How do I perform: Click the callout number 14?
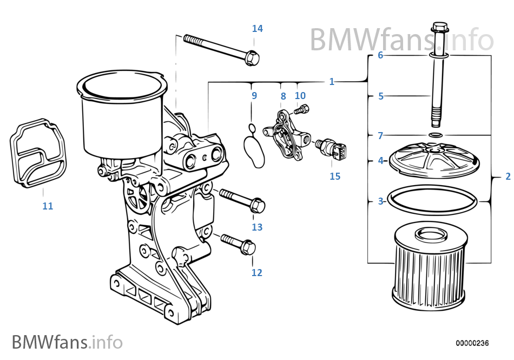pyautogui.click(x=258, y=28)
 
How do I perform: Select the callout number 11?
pyautogui.click(x=48, y=206)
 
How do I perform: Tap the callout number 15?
pyautogui.click(x=335, y=176)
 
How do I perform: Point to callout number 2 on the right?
pyautogui.click(x=508, y=176)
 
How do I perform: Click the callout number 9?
pyautogui.click(x=254, y=96)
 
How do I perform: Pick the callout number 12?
pyautogui.click(x=256, y=272)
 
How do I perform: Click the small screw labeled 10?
pyautogui.click(x=301, y=109)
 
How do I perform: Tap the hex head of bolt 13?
pyautogui.click(x=258, y=205)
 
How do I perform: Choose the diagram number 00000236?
pyautogui.click(x=472, y=343)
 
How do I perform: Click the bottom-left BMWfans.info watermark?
pyautogui.click(x=67, y=342)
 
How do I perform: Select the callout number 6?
pyautogui.click(x=380, y=55)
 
